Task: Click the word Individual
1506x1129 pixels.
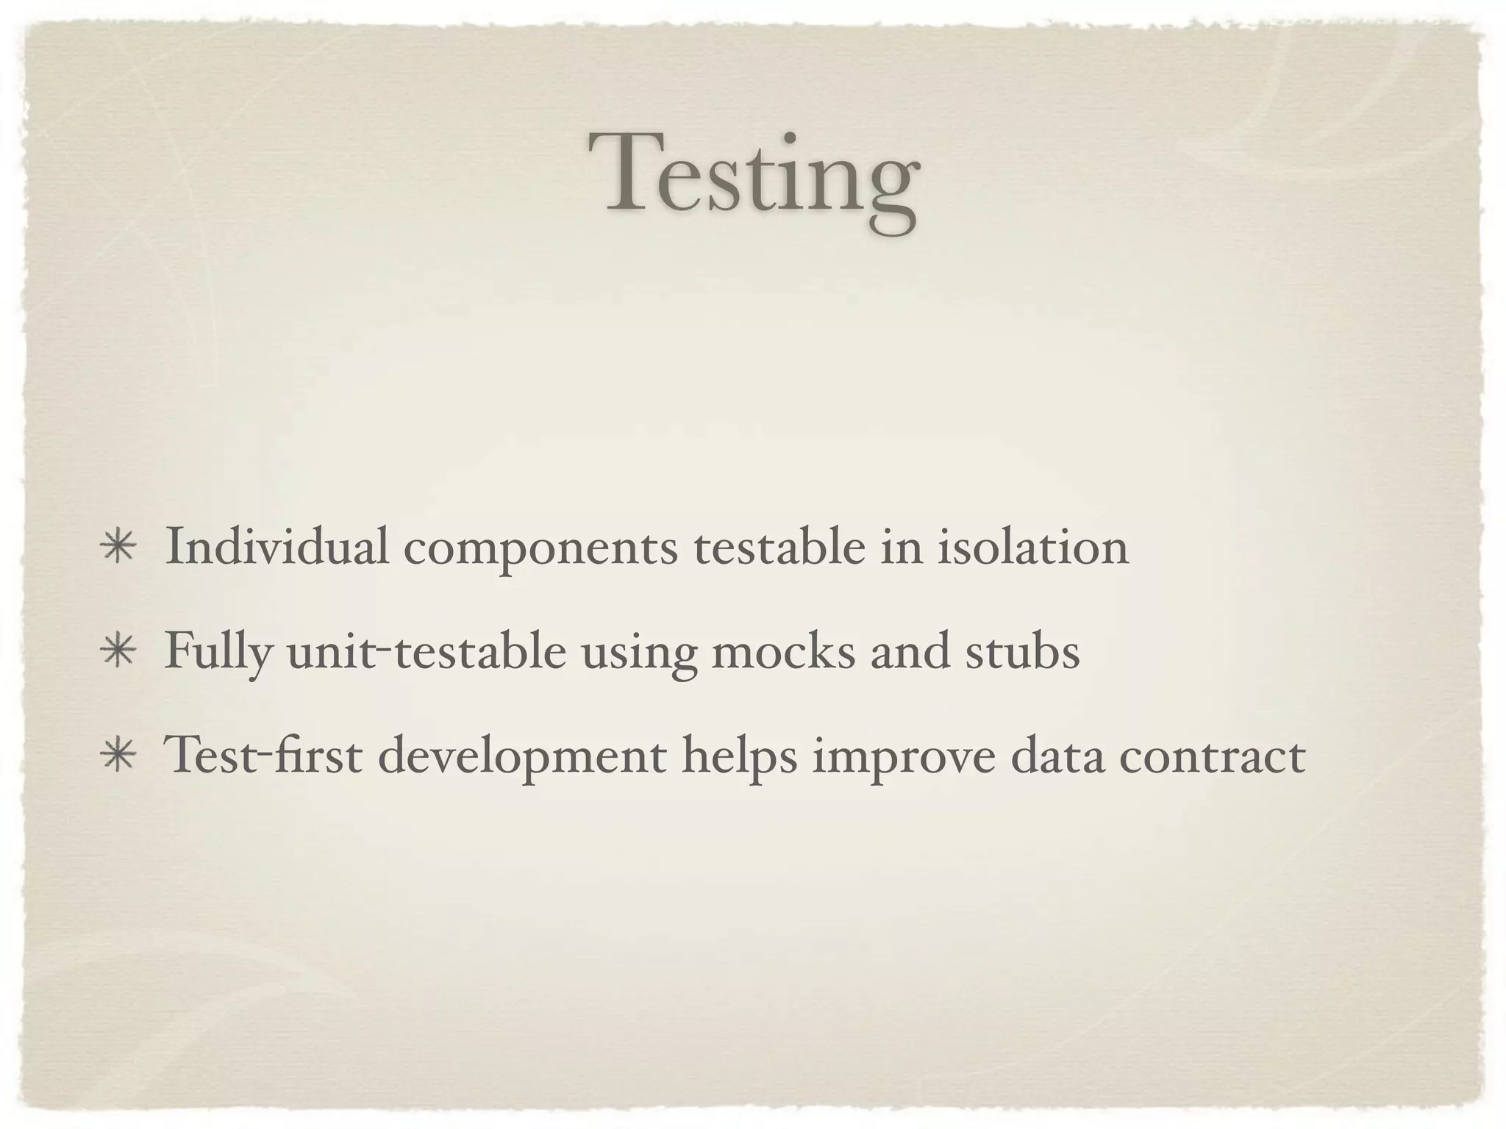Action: click(276, 547)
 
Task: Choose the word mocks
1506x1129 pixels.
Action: click(783, 651)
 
